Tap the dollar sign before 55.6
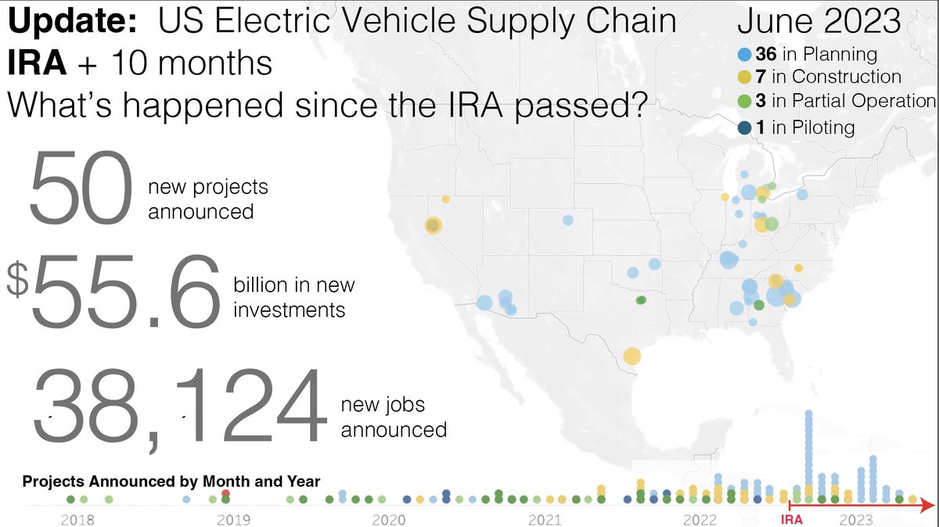click(16, 280)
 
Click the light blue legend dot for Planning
click(746, 55)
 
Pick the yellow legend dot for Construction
click(746, 77)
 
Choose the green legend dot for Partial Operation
click(746, 101)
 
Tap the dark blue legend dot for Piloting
click(746, 127)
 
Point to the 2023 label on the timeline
click(857, 518)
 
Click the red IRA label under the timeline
click(792, 518)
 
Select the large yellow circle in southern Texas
click(631, 357)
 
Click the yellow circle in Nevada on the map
click(433, 226)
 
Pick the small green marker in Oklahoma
click(642, 299)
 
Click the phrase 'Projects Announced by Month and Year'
click(171, 482)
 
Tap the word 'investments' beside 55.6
click(289, 310)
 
